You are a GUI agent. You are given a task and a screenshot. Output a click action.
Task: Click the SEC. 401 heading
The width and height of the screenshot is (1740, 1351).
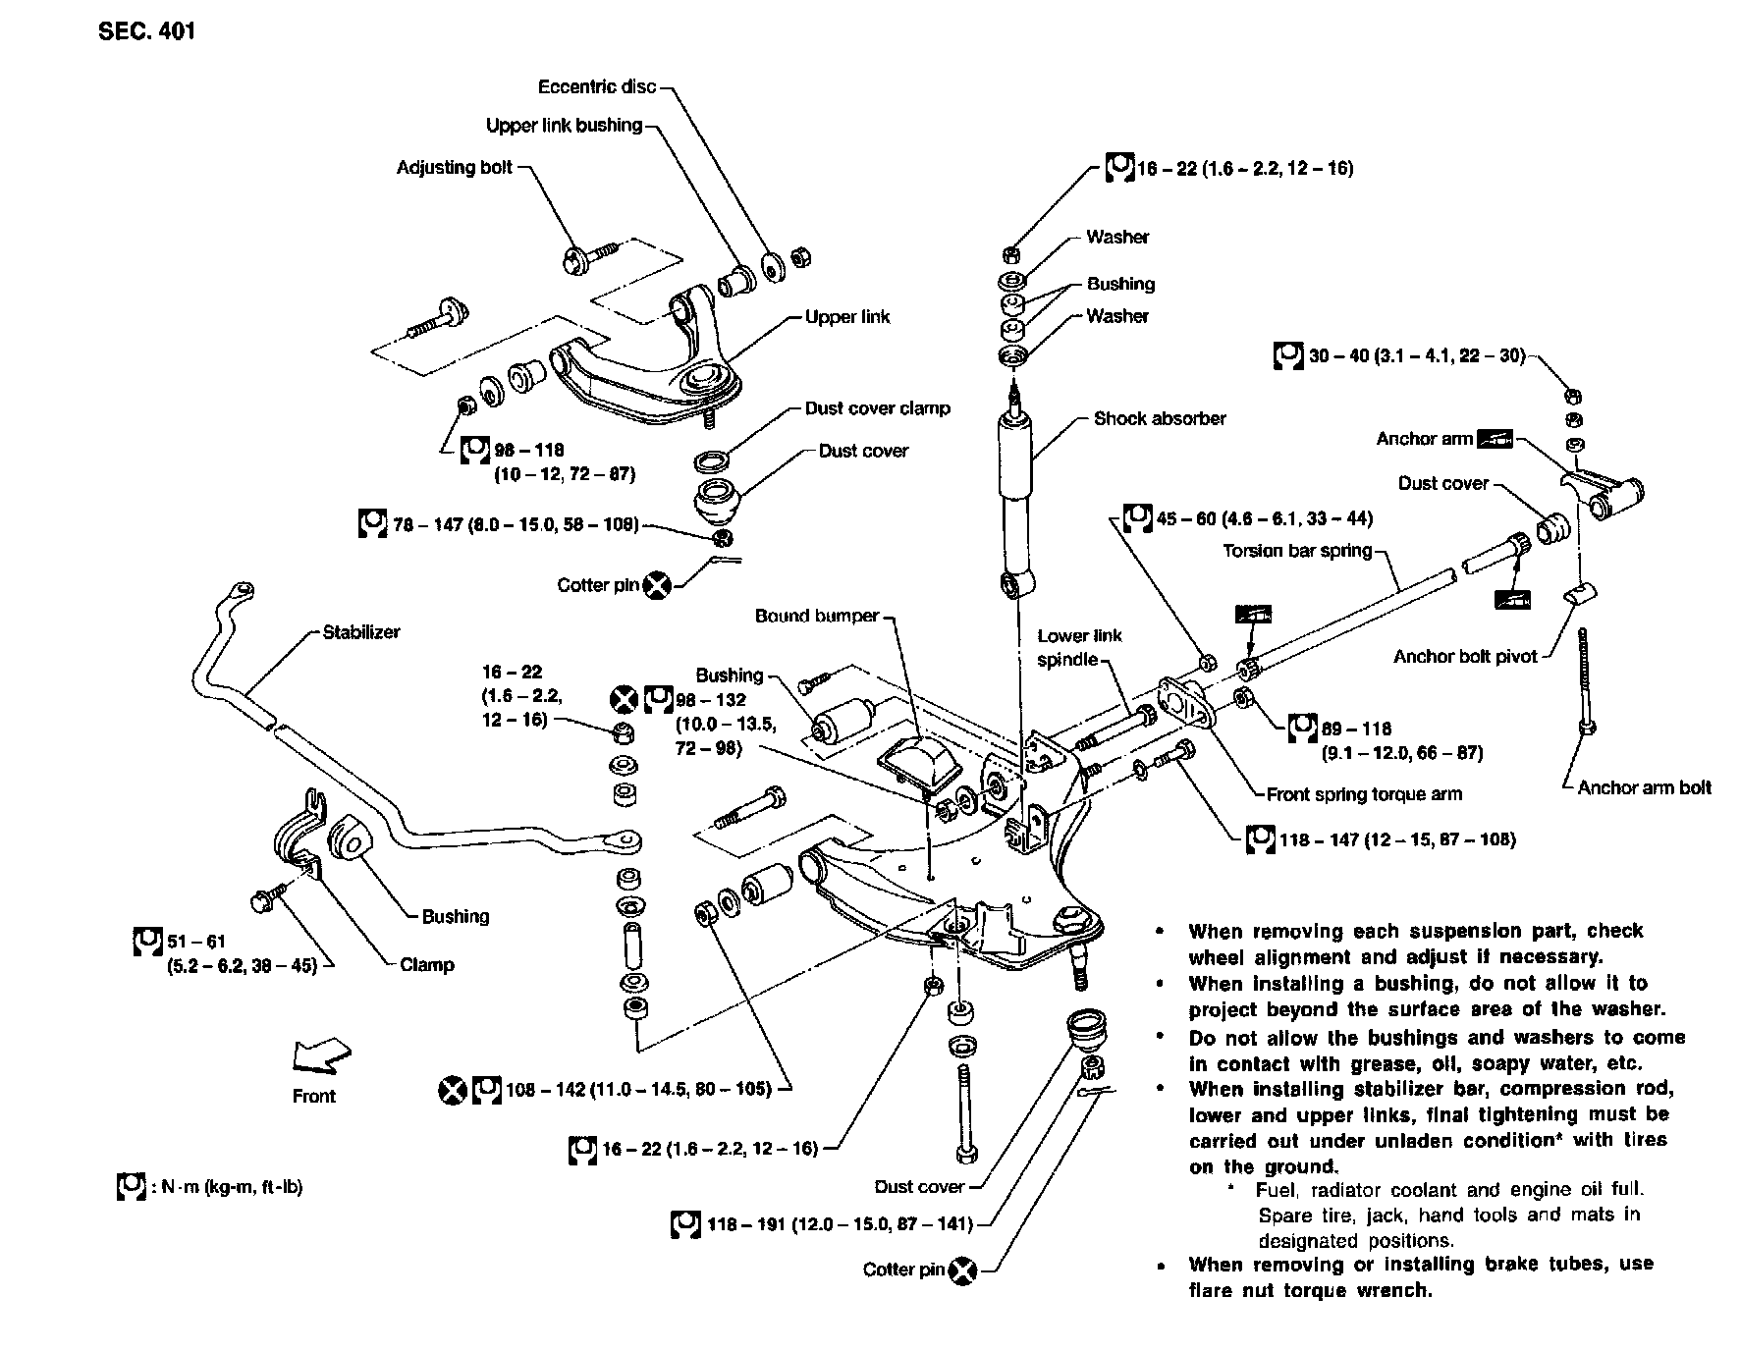coord(146,32)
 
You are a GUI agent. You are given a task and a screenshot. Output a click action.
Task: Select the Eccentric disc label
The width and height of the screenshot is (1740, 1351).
coord(597,86)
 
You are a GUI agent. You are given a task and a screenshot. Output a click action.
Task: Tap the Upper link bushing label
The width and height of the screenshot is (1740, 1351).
coord(564,126)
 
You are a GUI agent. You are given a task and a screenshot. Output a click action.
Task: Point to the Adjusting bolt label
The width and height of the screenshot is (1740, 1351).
coord(455,167)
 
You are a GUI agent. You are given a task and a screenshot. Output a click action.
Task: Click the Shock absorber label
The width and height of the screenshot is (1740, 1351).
coord(1160,418)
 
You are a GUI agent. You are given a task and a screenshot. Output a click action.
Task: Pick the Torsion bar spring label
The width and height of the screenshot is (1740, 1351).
coord(1296,550)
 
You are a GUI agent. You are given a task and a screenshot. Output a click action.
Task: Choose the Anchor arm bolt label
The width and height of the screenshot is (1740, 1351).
coord(1644,786)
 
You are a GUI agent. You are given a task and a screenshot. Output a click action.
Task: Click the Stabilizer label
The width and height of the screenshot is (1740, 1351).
coord(361,632)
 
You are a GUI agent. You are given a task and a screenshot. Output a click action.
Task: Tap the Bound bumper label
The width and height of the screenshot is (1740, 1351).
coord(817,616)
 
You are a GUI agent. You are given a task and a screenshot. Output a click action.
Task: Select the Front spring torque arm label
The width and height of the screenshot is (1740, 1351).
coord(1364,793)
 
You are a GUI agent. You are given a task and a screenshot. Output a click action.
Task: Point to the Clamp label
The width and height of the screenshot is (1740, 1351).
coord(427,964)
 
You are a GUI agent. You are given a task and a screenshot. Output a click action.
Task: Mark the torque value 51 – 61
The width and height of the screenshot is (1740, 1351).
coord(195,942)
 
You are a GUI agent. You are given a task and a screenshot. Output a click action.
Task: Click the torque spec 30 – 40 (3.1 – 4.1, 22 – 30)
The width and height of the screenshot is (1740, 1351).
coord(1416,355)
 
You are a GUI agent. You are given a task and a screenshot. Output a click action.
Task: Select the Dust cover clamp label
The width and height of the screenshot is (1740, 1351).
coord(877,408)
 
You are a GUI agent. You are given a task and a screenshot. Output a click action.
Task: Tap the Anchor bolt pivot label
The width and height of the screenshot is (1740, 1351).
coord(1465,656)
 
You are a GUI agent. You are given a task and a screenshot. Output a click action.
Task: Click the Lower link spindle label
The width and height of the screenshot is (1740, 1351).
coord(1079,647)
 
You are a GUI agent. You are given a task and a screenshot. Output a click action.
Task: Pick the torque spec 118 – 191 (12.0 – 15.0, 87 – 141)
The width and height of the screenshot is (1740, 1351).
coord(839,1224)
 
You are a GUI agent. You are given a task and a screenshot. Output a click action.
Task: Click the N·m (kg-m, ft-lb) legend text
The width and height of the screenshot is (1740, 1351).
coord(227,1187)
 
